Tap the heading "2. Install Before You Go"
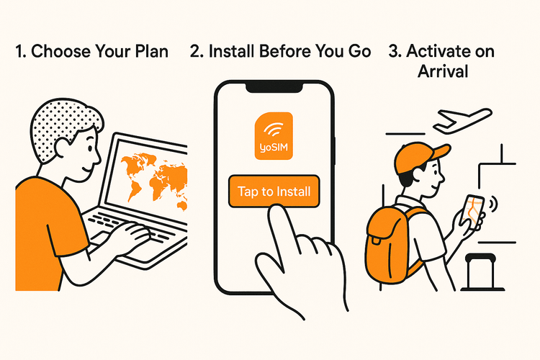click(x=281, y=51)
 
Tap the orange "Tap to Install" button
click(x=274, y=192)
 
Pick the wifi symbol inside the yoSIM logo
click(x=274, y=130)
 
